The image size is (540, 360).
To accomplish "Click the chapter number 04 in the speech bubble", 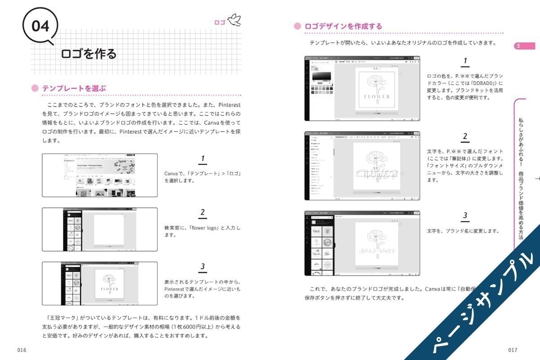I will point(41,26).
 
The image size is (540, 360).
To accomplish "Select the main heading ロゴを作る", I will point(89,54).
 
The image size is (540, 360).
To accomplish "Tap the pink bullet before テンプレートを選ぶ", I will point(35,89).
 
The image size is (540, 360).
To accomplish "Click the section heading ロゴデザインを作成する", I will point(343,27).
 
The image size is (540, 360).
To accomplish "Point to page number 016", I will point(22,350).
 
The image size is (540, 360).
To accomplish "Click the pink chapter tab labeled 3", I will point(524,46).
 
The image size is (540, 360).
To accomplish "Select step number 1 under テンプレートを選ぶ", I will point(202,159).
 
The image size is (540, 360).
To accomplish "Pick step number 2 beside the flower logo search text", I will point(202,213).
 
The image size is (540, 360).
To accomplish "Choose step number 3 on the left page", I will point(202,267).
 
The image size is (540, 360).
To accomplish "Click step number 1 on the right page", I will point(465,61).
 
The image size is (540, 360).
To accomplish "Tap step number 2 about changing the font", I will point(465,137).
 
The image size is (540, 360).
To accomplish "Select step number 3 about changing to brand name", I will point(465,216).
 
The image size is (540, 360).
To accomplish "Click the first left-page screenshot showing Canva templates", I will point(99,175).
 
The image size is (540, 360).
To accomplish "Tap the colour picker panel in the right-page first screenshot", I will point(321,79).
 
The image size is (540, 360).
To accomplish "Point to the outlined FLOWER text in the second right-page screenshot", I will point(377,174).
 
